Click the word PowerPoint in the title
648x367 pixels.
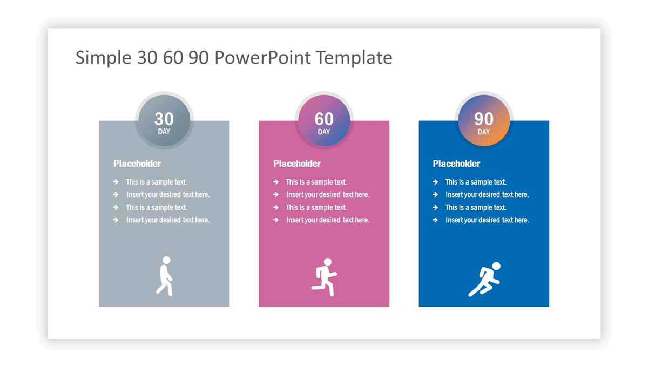[262, 57]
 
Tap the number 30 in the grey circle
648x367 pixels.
[164, 119]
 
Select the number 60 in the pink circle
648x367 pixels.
[324, 119]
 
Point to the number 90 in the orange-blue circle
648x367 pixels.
[484, 119]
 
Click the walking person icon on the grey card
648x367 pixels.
[165, 276]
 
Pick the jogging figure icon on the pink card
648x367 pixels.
[325, 277]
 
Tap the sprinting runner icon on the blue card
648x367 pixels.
[484, 279]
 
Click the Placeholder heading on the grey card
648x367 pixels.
[137, 164]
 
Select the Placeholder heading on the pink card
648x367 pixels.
[297, 164]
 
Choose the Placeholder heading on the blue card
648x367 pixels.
[456, 164]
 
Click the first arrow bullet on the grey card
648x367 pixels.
[116, 182]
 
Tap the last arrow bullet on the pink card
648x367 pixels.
[276, 220]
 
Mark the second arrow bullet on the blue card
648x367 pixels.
[435, 195]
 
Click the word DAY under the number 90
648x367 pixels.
[484, 132]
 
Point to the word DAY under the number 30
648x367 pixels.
[164, 132]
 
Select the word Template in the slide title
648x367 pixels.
[354, 57]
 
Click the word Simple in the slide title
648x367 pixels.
[104, 57]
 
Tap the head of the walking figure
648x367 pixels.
[167, 260]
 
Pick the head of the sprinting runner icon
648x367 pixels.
[496, 266]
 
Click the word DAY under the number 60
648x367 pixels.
[324, 132]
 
